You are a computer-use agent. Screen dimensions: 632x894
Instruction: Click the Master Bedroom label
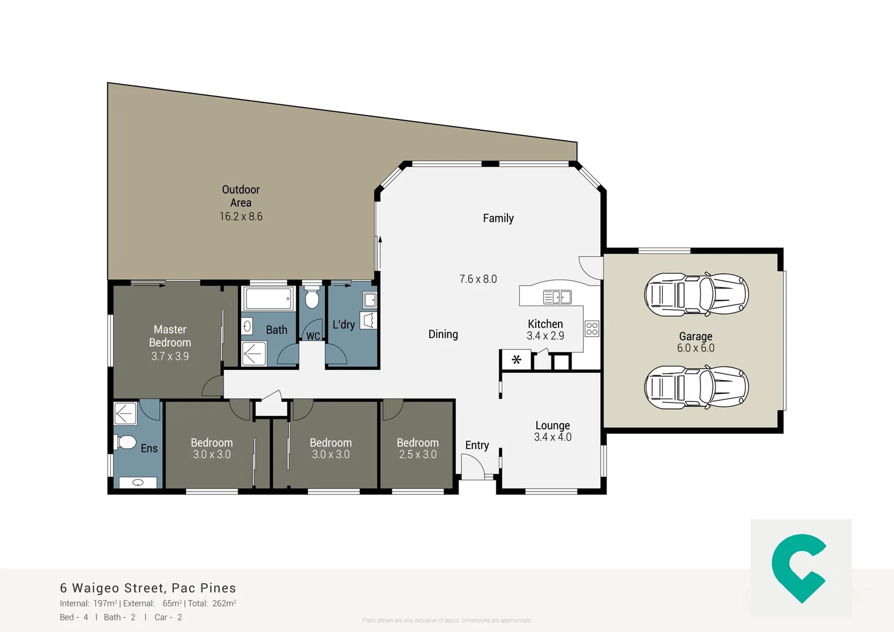coord(170,336)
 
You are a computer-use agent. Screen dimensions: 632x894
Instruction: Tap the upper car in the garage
coord(696,294)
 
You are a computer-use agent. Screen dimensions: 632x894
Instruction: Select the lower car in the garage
coord(696,387)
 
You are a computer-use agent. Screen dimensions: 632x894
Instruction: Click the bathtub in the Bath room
coord(269,298)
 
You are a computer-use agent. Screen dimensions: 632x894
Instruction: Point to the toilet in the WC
coord(312,299)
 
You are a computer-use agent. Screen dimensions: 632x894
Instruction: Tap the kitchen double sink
coord(557,297)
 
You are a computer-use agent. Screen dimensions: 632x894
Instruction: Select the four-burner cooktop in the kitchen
coord(592,329)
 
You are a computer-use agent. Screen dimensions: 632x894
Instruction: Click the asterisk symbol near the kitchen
coord(516,360)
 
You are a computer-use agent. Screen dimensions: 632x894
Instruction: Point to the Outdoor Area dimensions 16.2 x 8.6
coord(241,217)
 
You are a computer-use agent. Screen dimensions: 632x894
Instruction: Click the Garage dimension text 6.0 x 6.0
coord(696,348)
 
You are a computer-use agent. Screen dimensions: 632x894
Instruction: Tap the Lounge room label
coord(552,425)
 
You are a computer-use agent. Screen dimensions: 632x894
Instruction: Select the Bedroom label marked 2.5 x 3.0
coord(417,443)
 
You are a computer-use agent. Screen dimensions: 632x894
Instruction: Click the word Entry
coord(477,445)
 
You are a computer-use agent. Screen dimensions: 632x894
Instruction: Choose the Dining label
coord(443,334)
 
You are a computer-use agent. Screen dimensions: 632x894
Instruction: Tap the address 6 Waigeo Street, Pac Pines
coord(148,588)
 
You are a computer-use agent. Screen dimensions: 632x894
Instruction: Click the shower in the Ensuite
coord(125,413)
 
